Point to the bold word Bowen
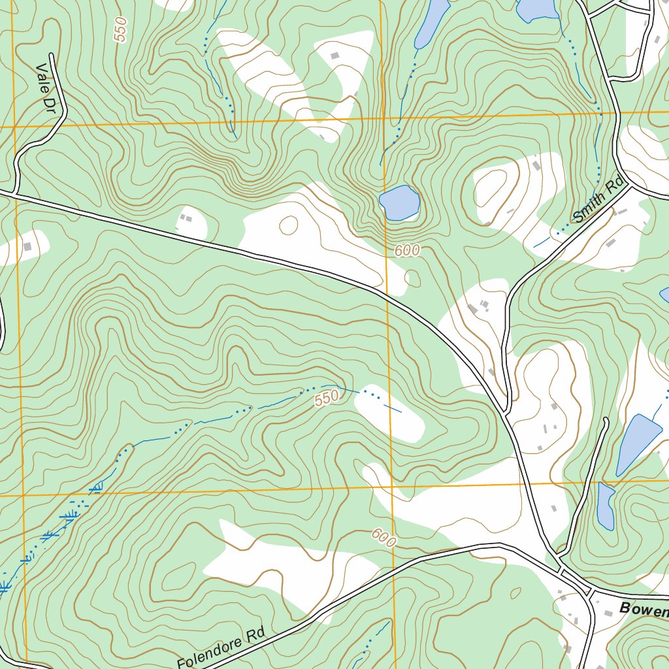coord(644,610)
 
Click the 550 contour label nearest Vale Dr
coord(120,29)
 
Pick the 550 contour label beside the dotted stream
coord(327,398)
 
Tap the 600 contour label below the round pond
coord(407,251)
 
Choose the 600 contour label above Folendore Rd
coord(384,538)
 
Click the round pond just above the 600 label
coord(399,203)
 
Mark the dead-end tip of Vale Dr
coord(50,56)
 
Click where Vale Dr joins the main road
coord(13,193)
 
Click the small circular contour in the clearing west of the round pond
coord(288,225)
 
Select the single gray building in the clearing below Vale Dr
coord(27,246)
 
